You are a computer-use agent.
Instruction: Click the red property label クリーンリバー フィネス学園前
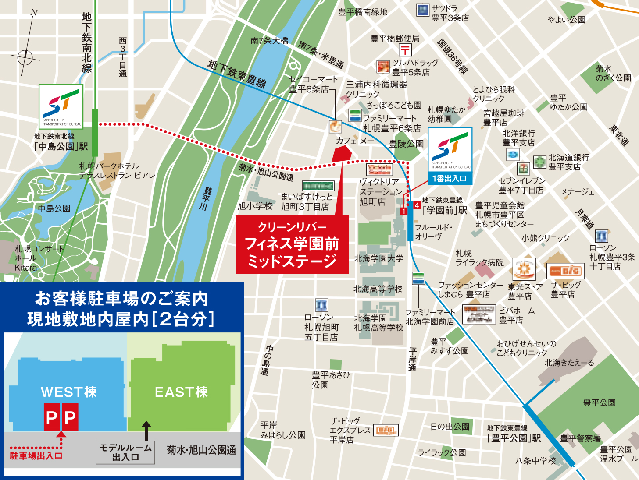point(292,244)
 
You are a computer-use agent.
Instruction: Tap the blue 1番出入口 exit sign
point(450,179)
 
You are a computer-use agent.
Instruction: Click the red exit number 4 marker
point(417,205)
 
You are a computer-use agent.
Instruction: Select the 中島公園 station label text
point(61,146)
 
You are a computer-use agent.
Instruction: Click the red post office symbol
point(405,50)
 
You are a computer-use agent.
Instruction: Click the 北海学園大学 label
point(379,258)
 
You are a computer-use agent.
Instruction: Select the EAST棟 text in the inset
point(181,392)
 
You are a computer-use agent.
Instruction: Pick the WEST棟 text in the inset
point(68,392)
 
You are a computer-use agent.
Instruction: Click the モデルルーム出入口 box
point(125,452)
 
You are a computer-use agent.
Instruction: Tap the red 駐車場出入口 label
point(36,456)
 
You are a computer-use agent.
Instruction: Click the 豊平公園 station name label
point(514,438)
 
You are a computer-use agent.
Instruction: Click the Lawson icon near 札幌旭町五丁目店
point(321,305)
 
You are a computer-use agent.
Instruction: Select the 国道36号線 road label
point(452,56)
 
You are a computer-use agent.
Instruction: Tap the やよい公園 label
point(566,20)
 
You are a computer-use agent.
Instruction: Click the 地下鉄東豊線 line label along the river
point(237,74)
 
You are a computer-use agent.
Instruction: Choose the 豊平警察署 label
point(580,438)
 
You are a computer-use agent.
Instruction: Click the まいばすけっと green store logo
point(318,186)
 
